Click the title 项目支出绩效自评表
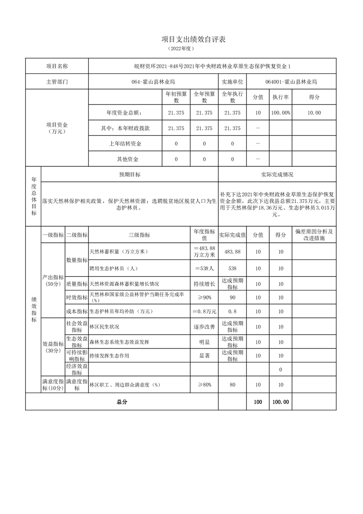tap(181, 39)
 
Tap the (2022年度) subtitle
tap(181, 48)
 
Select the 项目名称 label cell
tap(57, 66)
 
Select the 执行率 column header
tap(280, 97)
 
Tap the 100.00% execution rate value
tap(280, 113)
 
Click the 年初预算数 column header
tap(176, 97)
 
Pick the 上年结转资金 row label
tap(125, 144)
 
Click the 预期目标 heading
tap(130, 175)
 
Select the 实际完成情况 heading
tap(277, 175)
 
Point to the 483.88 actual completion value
tap(232, 252)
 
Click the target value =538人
tap(204, 268)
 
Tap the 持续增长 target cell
tap(204, 284)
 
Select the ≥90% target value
tap(204, 298)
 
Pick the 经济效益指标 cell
tap(77, 369)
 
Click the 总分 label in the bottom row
tap(122, 402)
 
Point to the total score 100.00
tap(280, 402)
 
